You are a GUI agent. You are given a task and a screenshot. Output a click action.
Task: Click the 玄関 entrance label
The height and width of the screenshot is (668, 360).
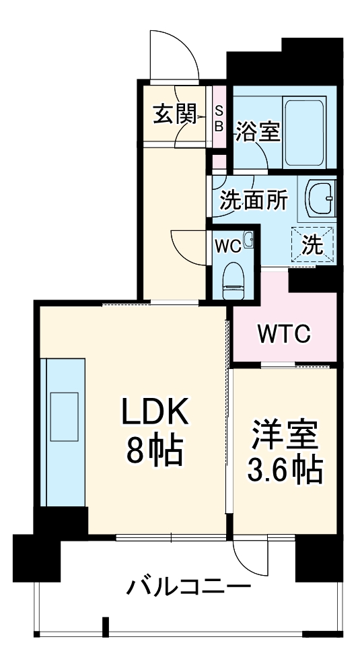(x=174, y=116)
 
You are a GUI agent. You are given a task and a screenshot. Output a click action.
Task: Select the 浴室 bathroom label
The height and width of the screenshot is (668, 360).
(x=258, y=132)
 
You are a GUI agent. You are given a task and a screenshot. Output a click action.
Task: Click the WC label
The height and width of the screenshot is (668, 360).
(x=227, y=246)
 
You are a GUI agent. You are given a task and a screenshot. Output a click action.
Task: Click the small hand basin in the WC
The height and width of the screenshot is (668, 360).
(x=248, y=238)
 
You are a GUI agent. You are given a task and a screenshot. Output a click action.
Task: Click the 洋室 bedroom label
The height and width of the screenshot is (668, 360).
(x=283, y=431)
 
